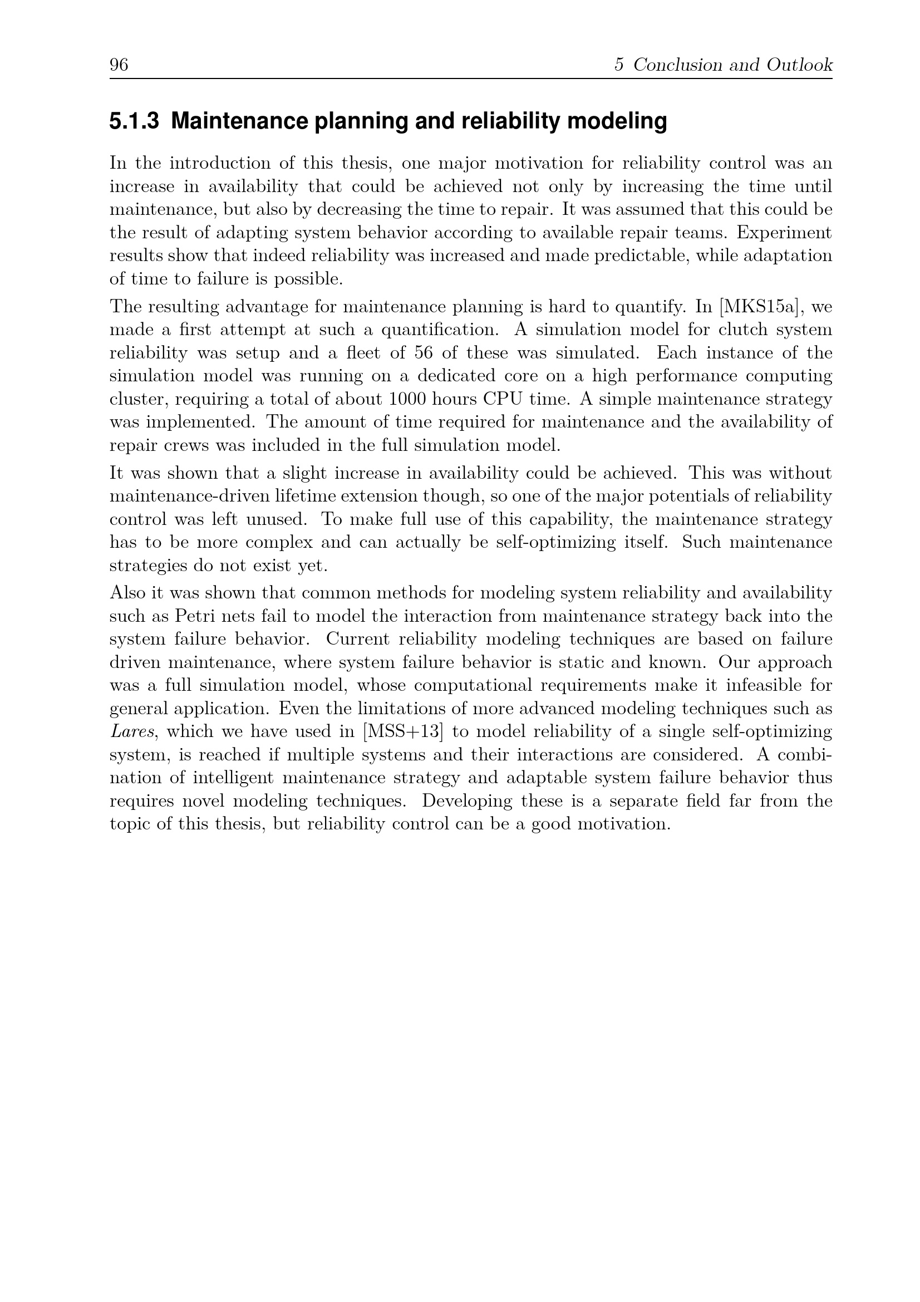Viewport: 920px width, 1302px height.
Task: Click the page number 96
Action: point(119,65)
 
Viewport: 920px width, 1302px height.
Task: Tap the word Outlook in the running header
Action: point(799,65)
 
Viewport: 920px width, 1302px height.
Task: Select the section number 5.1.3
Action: point(134,121)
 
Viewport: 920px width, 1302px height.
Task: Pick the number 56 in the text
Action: point(424,353)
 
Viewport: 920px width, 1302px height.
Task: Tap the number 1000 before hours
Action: point(407,399)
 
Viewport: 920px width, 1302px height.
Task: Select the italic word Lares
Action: point(132,731)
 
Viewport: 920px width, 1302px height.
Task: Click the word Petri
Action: point(191,616)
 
